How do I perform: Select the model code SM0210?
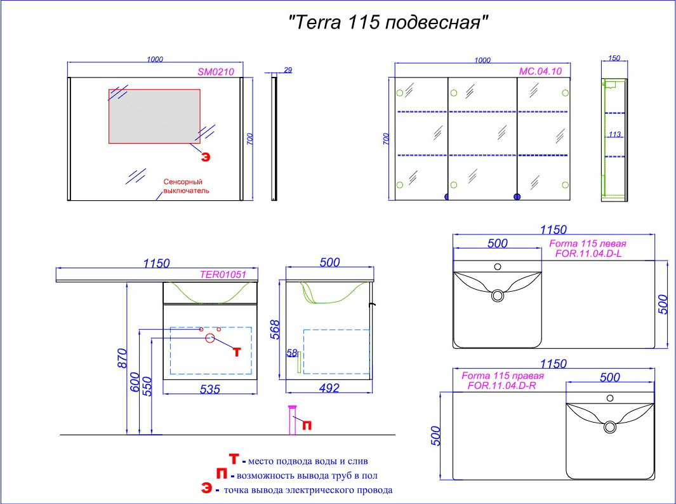tap(216, 72)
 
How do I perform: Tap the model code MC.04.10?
tap(540, 71)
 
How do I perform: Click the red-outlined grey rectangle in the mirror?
tap(154, 116)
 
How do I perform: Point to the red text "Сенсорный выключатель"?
tap(186, 186)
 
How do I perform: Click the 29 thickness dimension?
tap(288, 70)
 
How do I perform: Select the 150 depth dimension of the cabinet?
tap(614, 58)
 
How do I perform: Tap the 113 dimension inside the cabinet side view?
tap(614, 134)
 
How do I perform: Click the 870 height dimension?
tap(123, 358)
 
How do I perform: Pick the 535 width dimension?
tap(210, 389)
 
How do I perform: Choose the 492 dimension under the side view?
tap(329, 388)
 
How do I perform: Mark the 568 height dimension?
tap(275, 329)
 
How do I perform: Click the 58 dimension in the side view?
tap(292, 353)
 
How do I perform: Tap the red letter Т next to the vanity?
tap(236, 351)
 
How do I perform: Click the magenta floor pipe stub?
tap(293, 420)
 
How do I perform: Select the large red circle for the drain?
tap(210, 338)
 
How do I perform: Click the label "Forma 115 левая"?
tap(588, 243)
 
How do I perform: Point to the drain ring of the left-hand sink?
tap(498, 296)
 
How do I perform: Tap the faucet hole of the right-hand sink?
tap(610, 398)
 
